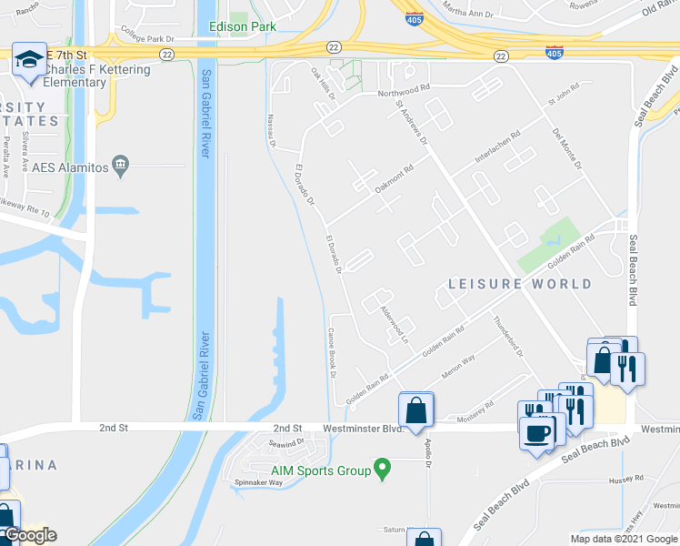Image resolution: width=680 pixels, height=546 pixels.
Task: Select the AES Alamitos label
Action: coord(71,167)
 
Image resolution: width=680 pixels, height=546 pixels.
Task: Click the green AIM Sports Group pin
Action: coord(382,470)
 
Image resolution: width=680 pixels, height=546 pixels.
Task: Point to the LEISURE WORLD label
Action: coord(520,284)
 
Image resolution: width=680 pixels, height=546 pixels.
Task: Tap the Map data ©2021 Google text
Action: coord(624,539)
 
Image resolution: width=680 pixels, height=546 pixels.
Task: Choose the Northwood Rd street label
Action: coord(403,91)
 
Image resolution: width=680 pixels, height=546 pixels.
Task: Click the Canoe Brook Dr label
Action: coord(333,353)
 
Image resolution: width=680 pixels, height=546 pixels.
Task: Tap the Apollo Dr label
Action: coord(427,448)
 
